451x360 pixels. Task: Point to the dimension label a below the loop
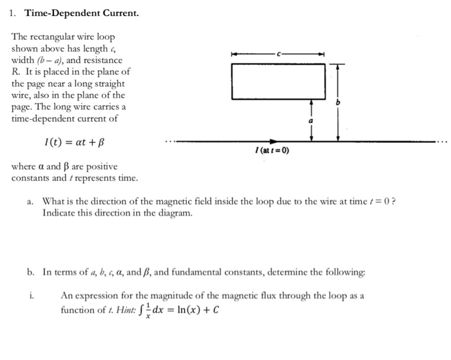[x=312, y=120]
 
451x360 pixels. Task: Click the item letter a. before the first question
[x=31, y=202]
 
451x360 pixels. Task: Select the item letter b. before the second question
[x=31, y=272]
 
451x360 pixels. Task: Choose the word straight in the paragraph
[x=108, y=84]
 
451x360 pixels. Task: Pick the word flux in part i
[x=262, y=296]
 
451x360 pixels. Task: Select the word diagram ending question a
[x=173, y=213]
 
